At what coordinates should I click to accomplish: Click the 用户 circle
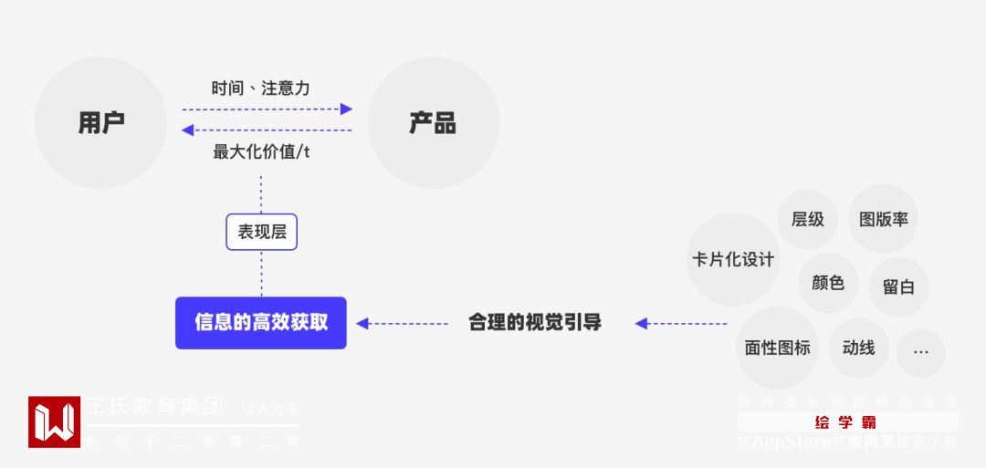coord(100,122)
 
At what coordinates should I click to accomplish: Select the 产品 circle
coord(433,122)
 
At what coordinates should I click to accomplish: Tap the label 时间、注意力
coord(260,88)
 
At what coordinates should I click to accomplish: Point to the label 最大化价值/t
coord(261,151)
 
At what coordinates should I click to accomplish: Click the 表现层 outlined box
coord(262,232)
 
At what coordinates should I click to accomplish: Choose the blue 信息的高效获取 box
coord(261,322)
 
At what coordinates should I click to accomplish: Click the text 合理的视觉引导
coord(535,322)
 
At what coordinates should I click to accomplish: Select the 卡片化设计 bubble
coord(733,259)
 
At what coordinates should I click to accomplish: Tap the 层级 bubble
coord(808,219)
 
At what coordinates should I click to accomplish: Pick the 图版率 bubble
coord(883,219)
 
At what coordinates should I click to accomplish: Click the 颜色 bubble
coord(828,283)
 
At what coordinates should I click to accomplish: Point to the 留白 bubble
coord(898,286)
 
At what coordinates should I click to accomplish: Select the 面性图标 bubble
coord(777,348)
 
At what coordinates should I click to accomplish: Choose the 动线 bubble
coord(858,348)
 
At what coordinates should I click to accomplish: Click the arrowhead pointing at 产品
coord(347,109)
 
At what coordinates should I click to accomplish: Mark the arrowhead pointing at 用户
coord(187,130)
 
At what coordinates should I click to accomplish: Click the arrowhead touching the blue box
coord(362,323)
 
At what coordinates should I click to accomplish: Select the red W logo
coord(54,421)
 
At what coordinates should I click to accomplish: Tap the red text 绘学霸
coord(846,422)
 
